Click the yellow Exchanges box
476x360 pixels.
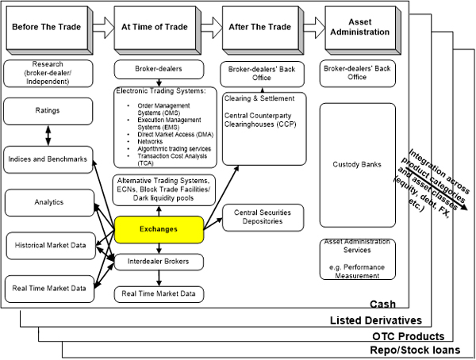point(159,230)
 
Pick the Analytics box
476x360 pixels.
point(49,202)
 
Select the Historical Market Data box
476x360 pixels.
point(49,244)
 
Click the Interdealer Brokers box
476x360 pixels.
point(159,261)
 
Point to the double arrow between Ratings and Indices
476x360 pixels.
point(49,135)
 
